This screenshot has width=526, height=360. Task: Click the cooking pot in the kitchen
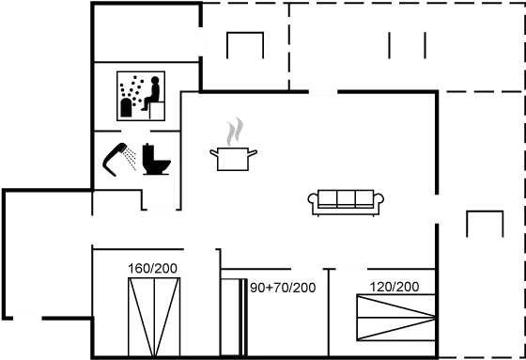[233, 157]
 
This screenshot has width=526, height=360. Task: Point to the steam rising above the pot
[235, 132]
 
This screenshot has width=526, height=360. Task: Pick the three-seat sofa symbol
[346, 200]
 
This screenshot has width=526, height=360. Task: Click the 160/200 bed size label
[152, 269]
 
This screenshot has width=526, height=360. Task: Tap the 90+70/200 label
[283, 286]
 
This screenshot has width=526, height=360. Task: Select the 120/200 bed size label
[394, 286]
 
